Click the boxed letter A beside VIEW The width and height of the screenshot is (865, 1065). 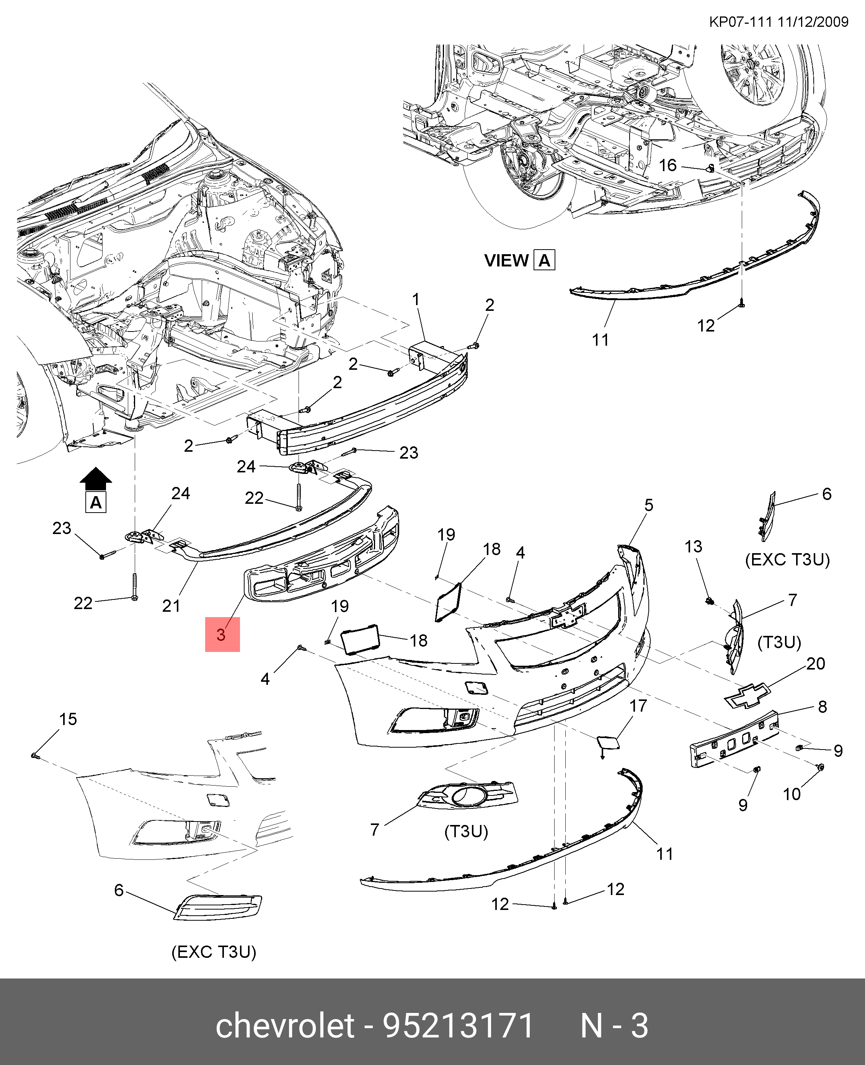(544, 261)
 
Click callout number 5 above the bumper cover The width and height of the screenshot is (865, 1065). (648, 505)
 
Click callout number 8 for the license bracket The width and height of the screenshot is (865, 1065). (822, 706)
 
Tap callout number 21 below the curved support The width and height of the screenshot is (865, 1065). (171, 606)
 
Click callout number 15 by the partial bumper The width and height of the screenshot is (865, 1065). (68, 719)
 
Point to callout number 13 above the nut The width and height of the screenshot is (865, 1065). (693, 546)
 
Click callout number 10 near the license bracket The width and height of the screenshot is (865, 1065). (792, 794)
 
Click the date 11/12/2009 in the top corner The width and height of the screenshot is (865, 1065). (812, 22)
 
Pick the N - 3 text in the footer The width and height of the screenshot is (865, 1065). (614, 1026)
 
